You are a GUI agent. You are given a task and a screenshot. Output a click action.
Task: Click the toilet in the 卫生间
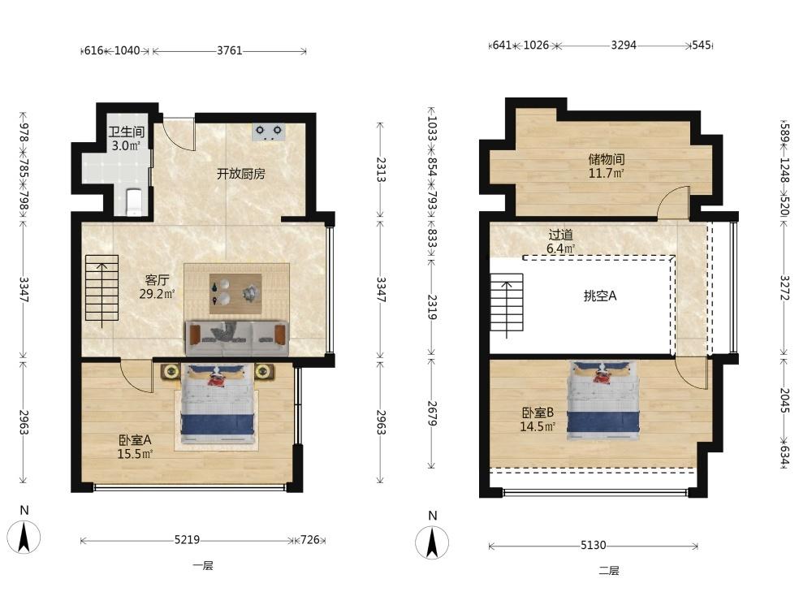click(x=134, y=202)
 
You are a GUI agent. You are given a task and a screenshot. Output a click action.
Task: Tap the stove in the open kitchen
click(x=269, y=132)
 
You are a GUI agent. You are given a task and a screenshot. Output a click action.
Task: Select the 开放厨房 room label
click(x=241, y=174)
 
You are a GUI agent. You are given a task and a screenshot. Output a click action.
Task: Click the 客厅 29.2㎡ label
click(x=157, y=287)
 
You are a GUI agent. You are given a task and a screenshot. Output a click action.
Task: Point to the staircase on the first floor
click(x=102, y=288)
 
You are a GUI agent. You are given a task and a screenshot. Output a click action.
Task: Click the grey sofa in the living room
click(x=236, y=338)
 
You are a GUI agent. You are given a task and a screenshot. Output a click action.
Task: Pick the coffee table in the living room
click(x=235, y=294)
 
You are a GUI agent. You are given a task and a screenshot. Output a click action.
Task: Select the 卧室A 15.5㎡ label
click(x=135, y=447)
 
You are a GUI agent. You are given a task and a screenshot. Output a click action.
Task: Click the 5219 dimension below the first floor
click(x=187, y=540)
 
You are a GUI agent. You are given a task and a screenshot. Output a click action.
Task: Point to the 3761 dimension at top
click(x=230, y=50)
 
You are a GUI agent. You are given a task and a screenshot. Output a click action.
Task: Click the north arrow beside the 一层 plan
click(x=24, y=537)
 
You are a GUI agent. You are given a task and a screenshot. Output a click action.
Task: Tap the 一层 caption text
click(x=203, y=565)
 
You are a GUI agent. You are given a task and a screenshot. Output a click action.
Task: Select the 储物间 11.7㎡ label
click(x=606, y=166)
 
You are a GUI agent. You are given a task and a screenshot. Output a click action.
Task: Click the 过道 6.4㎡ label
click(x=561, y=241)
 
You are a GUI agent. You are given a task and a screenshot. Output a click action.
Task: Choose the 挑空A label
click(x=600, y=296)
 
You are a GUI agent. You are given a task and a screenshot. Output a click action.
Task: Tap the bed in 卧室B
click(x=603, y=401)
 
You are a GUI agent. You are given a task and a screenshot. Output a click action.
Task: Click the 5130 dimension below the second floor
click(x=593, y=546)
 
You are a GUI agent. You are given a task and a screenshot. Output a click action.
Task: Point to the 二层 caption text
click(x=609, y=571)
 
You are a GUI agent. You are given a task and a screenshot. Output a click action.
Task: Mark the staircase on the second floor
click(x=507, y=302)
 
